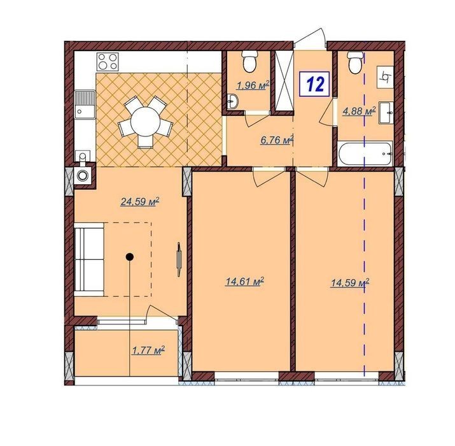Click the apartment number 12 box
coord(314,84)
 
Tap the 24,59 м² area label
coord(140,201)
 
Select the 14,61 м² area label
coord(244,281)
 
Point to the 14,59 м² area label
coord(350,282)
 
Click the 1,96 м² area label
coord(253,85)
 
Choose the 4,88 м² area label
coord(360,111)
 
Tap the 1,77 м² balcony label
coord(148,350)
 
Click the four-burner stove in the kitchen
coord(108,61)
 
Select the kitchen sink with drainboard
coord(85,104)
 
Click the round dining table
coord(145,122)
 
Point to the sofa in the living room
coord(89,259)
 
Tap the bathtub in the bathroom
coord(365,154)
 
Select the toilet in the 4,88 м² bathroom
coord(355,62)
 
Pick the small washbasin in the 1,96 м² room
coord(233,101)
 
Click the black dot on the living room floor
coord(129,257)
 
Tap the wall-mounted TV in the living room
coord(179,259)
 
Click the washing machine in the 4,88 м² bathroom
coord(386,76)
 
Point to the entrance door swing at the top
coord(310,37)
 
